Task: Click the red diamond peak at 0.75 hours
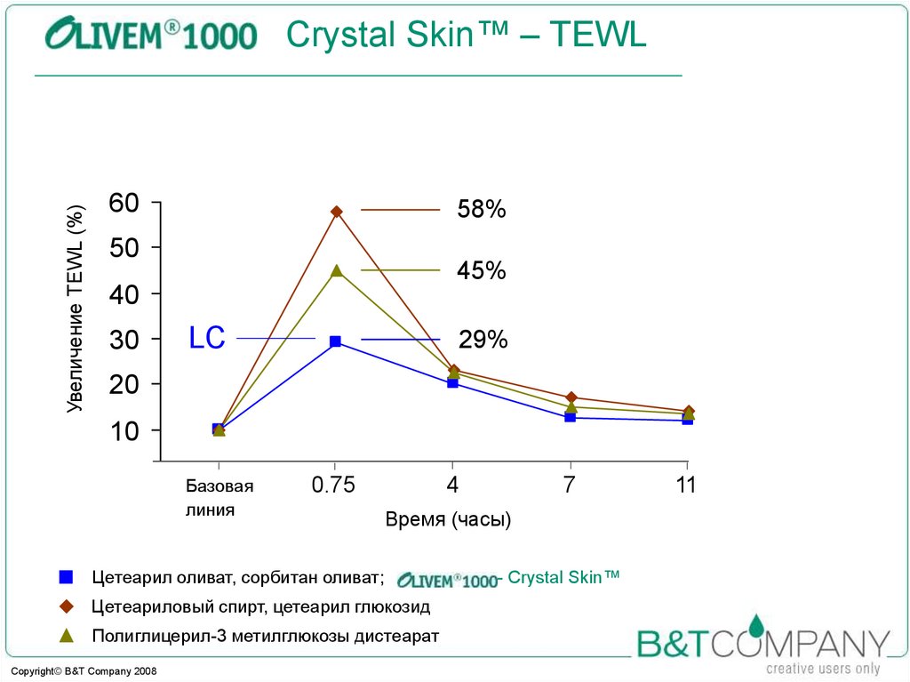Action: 336,212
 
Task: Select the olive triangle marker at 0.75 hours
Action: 336,270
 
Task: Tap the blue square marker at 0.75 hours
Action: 335,341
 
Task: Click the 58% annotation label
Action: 481,211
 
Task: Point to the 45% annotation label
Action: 481,270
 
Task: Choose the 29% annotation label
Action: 483,340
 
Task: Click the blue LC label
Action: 207,338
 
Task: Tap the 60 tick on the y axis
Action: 124,203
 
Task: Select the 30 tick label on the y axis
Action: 124,339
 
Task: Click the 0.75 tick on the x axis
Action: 333,485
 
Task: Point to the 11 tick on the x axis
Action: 685,485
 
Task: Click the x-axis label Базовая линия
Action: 219,498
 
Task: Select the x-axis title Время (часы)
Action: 448,520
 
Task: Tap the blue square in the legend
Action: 65,577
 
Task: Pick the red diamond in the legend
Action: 65,607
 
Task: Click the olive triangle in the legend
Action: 65,636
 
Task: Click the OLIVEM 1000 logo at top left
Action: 151,36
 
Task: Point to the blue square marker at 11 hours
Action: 687,419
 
